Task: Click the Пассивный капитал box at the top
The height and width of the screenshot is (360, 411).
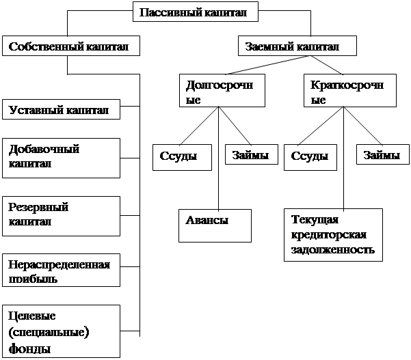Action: [x=198, y=12]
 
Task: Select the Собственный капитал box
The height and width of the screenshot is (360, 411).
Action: [x=70, y=46]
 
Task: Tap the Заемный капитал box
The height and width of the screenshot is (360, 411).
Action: [x=297, y=46]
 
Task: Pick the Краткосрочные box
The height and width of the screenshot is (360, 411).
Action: [x=349, y=92]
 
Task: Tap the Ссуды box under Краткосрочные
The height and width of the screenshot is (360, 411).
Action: [x=310, y=156]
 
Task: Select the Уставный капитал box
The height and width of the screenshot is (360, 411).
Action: [x=60, y=110]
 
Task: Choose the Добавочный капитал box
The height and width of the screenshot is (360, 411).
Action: [x=60, y=156]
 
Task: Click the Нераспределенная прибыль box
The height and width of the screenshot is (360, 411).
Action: [x=60, y=271]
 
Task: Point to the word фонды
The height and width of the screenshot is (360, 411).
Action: [x=29, y=348]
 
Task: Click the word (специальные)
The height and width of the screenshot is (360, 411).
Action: [x=49, y=332]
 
